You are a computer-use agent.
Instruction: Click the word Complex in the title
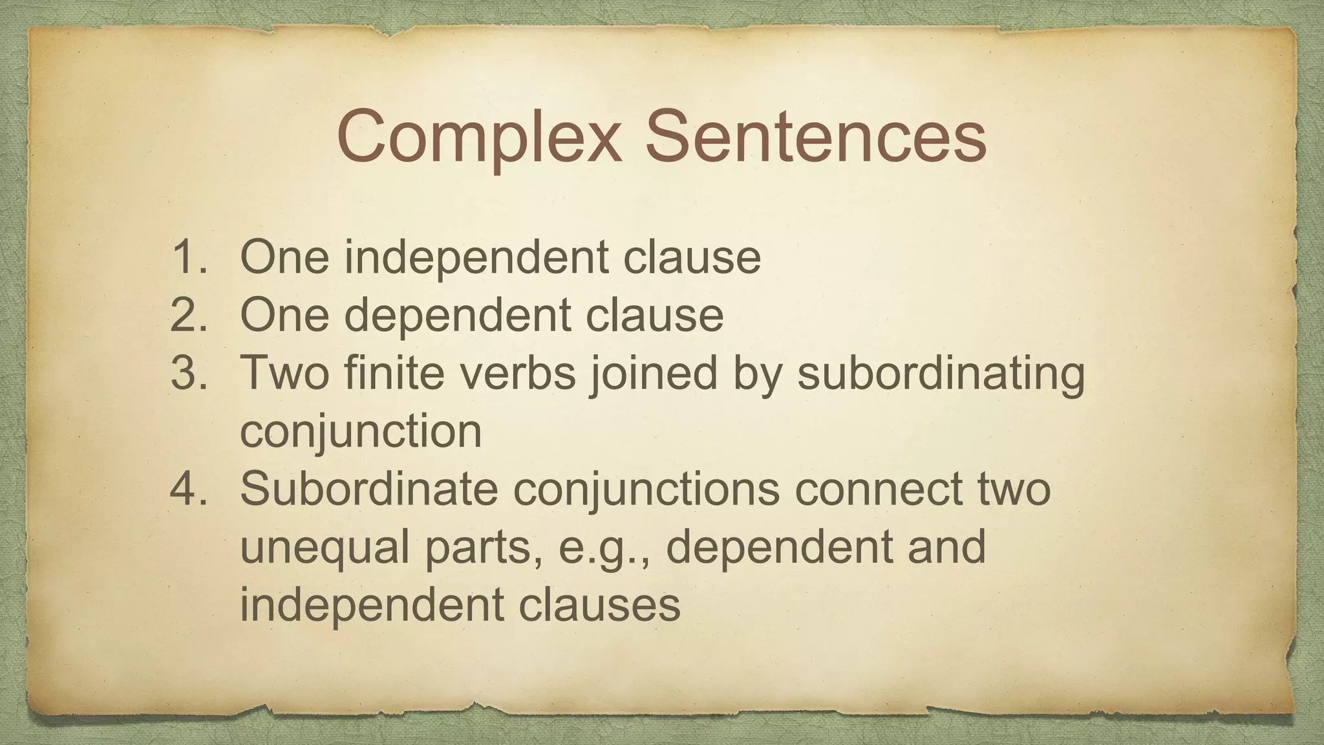478,138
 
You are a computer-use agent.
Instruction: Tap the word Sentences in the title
816,136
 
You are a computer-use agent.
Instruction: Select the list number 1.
188,257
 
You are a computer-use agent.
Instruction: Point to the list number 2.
188,315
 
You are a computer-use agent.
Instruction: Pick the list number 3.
188,373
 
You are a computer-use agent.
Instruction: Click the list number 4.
188,489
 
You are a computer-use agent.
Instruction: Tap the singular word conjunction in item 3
361,433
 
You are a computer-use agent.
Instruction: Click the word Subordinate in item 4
368,489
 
